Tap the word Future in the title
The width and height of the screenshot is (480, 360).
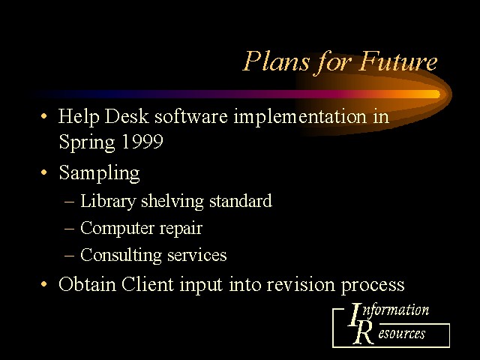(398, 61)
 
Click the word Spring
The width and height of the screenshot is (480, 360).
(87, 142)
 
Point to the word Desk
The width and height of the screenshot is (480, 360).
(127, 116)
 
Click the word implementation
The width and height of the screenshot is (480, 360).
(300, 118)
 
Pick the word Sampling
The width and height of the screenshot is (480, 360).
(99, 173)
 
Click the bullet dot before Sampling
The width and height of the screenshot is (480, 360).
(44, 172)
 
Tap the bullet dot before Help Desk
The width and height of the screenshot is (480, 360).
(44, 116)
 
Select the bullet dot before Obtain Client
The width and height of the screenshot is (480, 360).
(44, 284)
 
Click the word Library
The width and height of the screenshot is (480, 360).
(108, 202)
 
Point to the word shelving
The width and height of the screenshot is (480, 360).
(172, 202)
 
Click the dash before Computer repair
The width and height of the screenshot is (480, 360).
(70, 228)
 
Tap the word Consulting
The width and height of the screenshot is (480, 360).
(121, 256)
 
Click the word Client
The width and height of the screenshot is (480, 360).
(148, 284)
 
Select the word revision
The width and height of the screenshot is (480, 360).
(301, 284)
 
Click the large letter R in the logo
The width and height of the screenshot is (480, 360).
(364, 332)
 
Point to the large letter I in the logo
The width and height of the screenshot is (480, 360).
(355, 314)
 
